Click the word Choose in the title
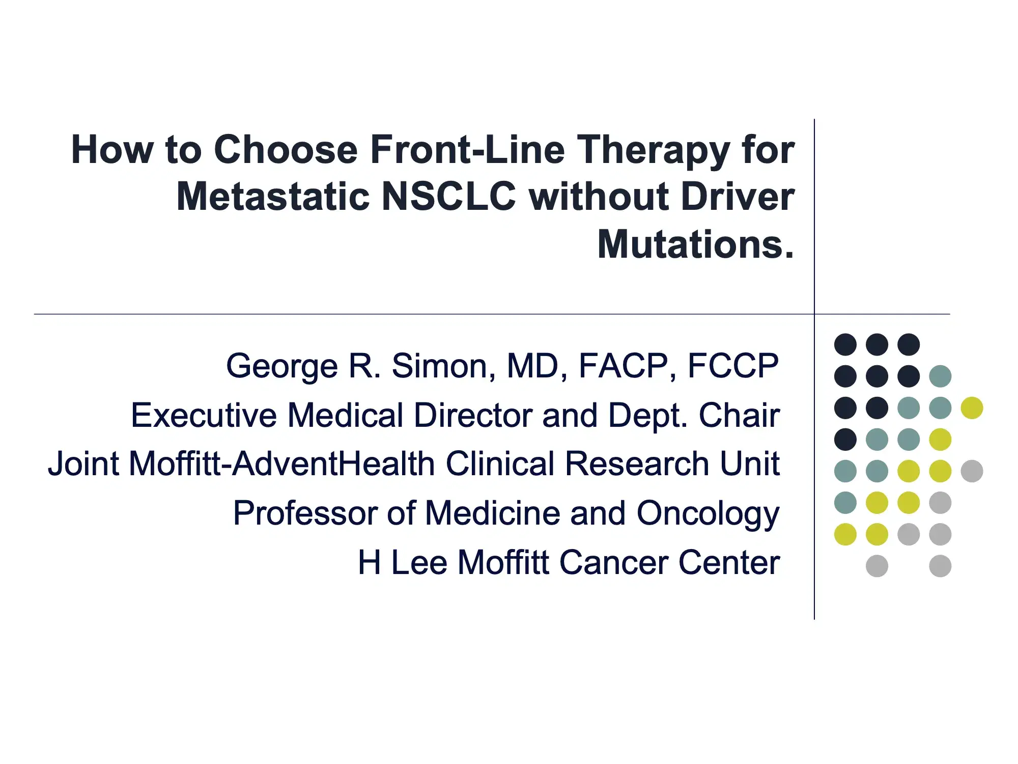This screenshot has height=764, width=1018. pos(286,150)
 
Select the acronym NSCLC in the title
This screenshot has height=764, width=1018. pos(448,197)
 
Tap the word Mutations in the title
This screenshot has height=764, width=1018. pos(695,244)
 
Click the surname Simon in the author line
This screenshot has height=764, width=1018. pos(443,366)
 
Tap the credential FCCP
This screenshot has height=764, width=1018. pos(733,366)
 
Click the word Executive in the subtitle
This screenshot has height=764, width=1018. pos(203,415)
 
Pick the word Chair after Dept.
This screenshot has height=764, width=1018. pos(739,415)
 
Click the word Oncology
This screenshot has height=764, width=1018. pos(708,513)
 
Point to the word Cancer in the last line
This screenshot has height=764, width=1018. pos(613,562)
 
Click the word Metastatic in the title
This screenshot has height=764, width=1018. pos(273,197)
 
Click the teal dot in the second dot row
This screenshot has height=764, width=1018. pos(940,376)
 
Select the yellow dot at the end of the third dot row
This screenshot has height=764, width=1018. pos(972,408)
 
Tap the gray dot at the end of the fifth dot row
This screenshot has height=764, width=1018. pos(972,471)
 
